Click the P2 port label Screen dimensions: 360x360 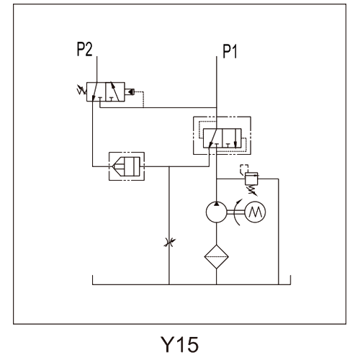(84, 49)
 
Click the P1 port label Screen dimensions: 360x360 (230, 51)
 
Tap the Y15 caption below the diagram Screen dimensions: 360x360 (179, 344)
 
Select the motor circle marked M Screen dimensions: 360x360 (255, 212)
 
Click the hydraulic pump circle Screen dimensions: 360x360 (217, 212)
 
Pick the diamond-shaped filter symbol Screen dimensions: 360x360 (217, 256)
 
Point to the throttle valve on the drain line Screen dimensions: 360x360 (169, 243)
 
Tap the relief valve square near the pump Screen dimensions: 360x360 (251, 179)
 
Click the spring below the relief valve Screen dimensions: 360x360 (252, 190)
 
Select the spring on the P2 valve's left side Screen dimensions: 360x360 (81, 90)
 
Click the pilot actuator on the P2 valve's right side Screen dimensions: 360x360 (130, 91)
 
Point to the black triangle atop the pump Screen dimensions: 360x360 (217, 204)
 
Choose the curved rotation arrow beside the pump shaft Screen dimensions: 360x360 (236, 212)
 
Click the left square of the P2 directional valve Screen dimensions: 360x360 (96, 91)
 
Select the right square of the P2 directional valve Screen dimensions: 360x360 (115, 91)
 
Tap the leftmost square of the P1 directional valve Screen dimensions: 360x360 (213, 138)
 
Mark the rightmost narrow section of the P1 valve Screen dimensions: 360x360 (238, 138)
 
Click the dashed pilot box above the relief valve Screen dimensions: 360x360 (244, 168)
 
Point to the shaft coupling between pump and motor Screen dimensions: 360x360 (235, 212)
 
